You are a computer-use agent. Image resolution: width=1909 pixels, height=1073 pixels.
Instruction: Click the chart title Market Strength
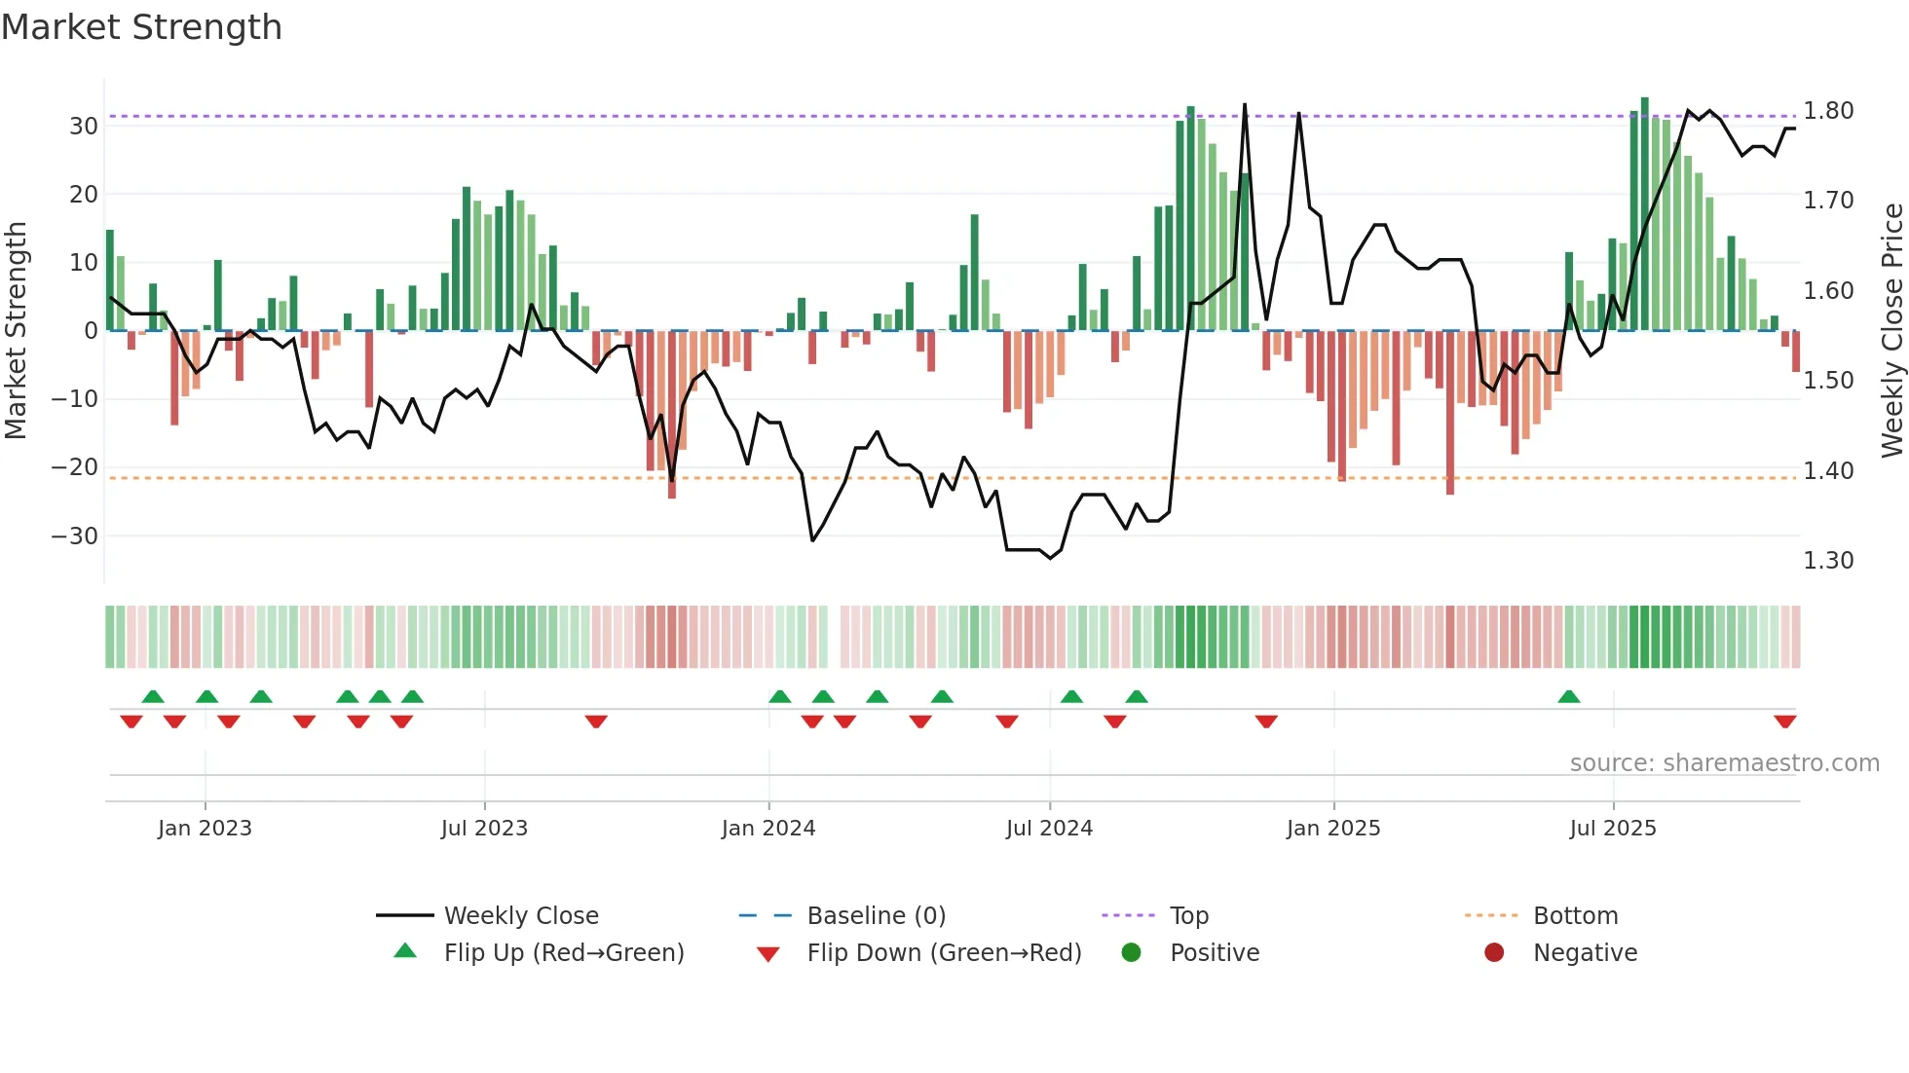click(x=141, y=27)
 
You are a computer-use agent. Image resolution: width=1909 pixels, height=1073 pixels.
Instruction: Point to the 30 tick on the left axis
click(x=84, y=127)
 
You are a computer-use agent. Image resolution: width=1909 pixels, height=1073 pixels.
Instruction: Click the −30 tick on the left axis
click(x=75, y=536)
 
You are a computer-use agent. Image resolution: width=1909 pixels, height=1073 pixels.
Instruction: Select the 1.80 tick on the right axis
click(x=1828, y=111)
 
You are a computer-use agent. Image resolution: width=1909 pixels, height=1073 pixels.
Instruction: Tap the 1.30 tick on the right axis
click(x=1828, y=561)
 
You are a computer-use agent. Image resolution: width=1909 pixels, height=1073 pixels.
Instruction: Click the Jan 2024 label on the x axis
click(x=768, y=829)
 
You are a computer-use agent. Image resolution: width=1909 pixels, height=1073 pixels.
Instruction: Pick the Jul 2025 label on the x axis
click(x=1613, y=829)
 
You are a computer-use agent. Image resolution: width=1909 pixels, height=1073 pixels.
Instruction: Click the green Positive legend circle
click(x=1131, y=953)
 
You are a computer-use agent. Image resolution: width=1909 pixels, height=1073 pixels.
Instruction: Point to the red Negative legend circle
click(x=1494, y=953)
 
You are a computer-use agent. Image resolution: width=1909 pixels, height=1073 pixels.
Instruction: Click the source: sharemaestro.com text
click(x=1724, y=763)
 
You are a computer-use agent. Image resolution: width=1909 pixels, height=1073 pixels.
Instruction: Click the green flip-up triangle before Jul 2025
click(x=1568, y=697)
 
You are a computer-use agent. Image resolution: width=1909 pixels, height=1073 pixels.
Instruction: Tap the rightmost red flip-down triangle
click(x=1784, y=721)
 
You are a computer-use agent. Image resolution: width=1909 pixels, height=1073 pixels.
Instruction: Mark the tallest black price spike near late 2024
click(x=1245, y=105)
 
